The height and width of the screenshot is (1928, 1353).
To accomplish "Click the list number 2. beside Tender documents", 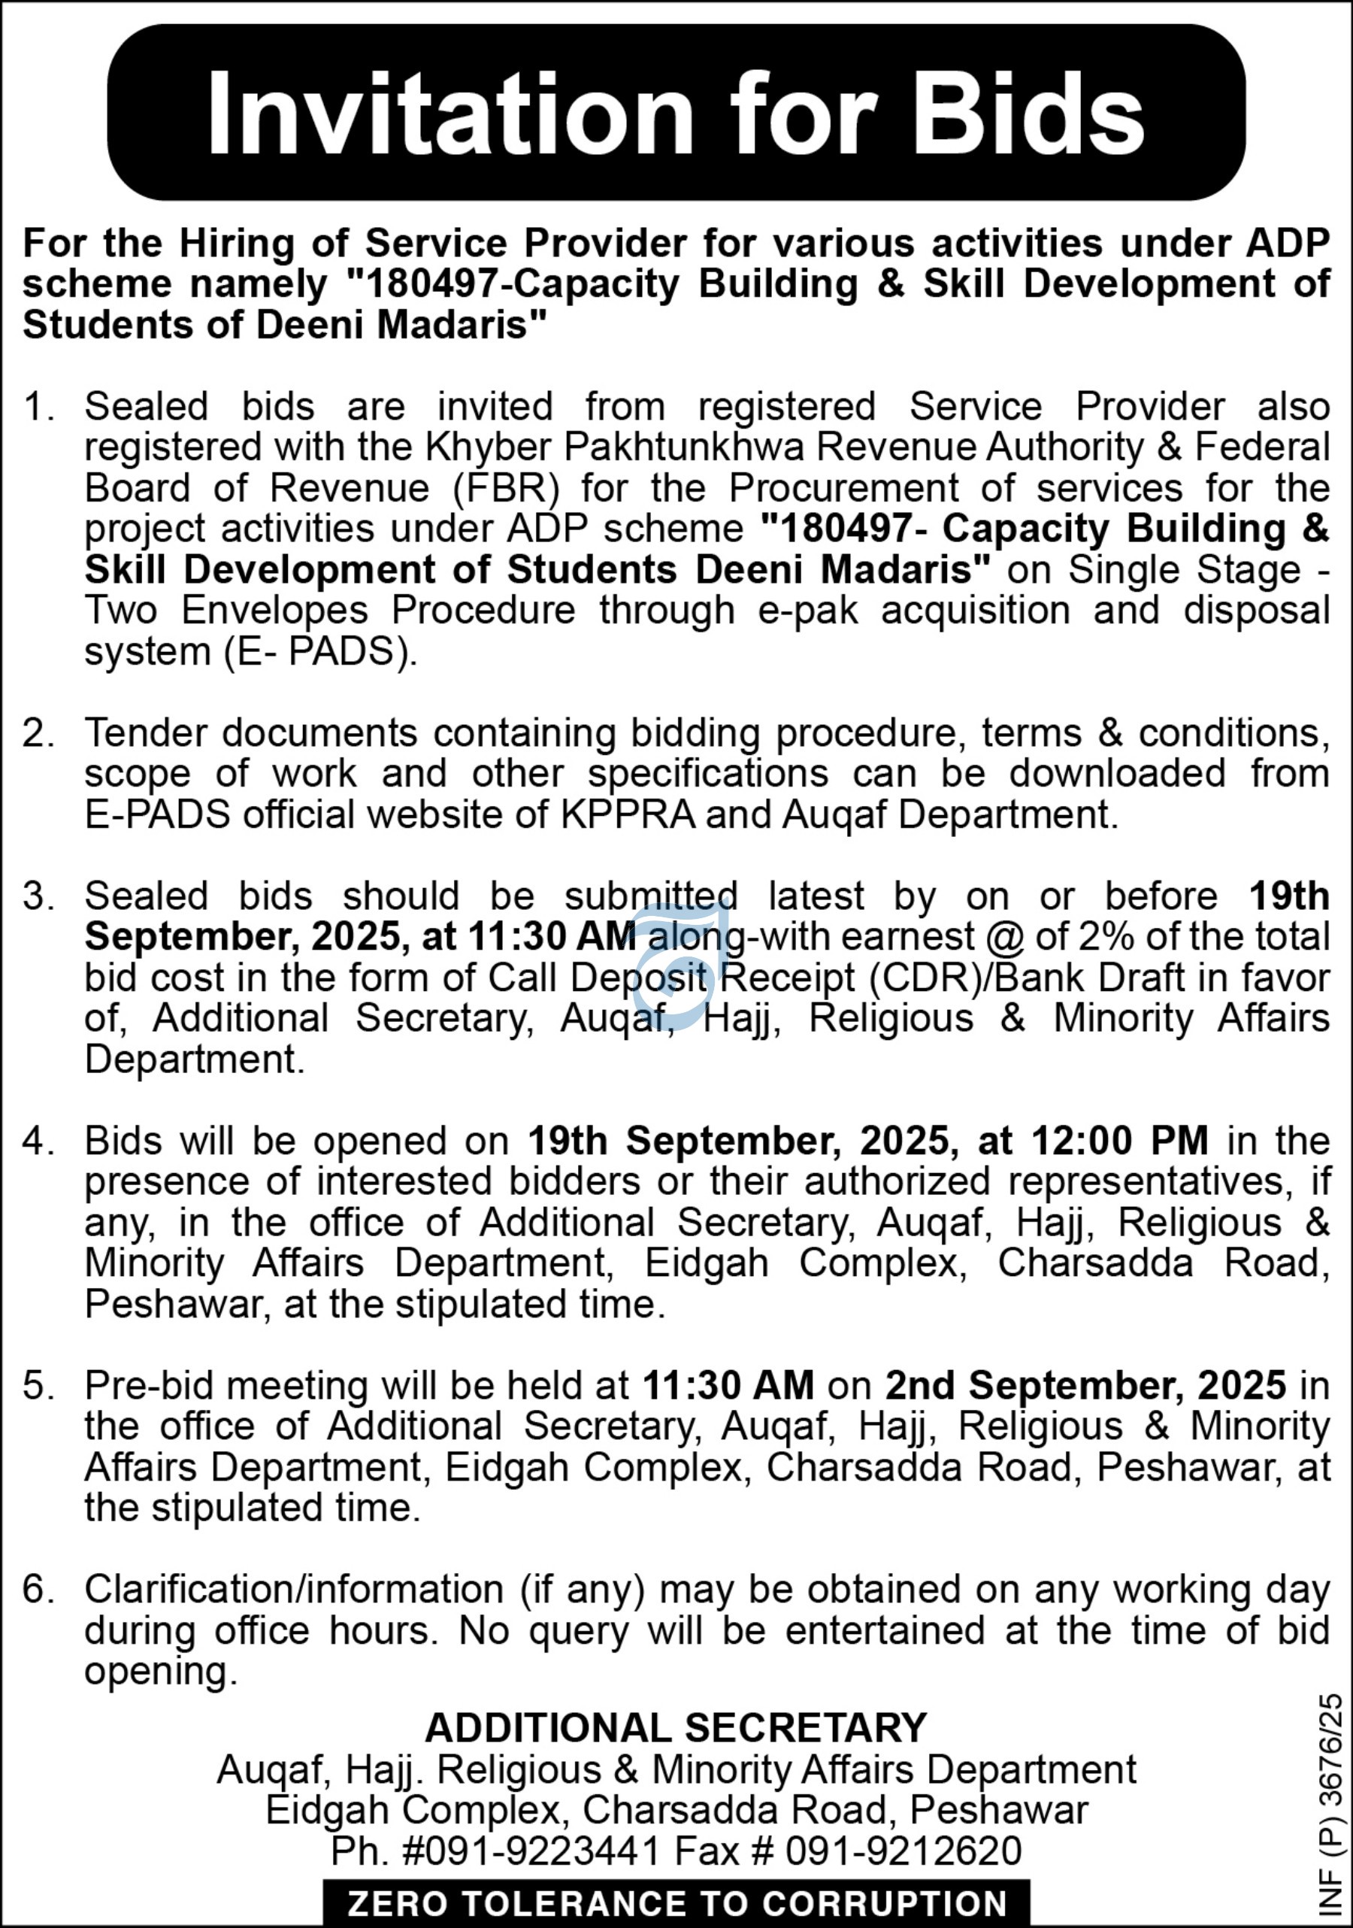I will [38, 733].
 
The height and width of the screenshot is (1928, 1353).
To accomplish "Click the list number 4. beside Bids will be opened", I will [38, 1141].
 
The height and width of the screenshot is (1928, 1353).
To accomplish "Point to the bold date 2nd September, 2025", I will [1085, 1386].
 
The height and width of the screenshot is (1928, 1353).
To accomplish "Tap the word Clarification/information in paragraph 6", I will [294, 1590].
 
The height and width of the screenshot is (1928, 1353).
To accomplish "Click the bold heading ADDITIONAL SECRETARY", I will [676, 1728].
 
